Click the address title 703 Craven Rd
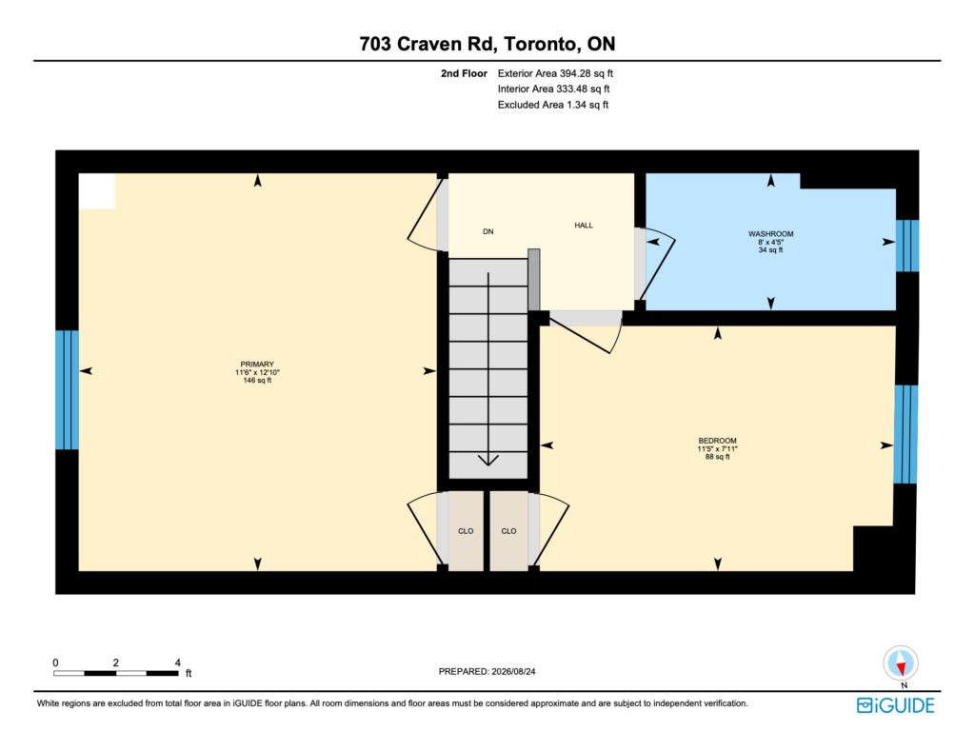point(427,44)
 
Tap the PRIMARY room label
point(257,365)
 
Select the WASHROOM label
point(770,234)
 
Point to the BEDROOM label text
point(718,441)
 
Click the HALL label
point(584,226)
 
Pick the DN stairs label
point(488,232)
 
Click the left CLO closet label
point(466,531)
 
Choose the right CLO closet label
point(508,531)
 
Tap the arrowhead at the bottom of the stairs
point(488,460)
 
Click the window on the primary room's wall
point(68,390)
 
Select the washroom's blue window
point(907,246)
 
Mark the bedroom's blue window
point(905,434)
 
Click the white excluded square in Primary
point(97,191)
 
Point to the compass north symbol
point(901,663)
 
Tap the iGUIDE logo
point(895,705)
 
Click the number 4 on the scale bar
point(178,662)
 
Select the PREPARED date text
point(487,671)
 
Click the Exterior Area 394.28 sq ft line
point(555,73)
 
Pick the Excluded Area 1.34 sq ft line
point(553,105)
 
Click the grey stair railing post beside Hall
point(533,280)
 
